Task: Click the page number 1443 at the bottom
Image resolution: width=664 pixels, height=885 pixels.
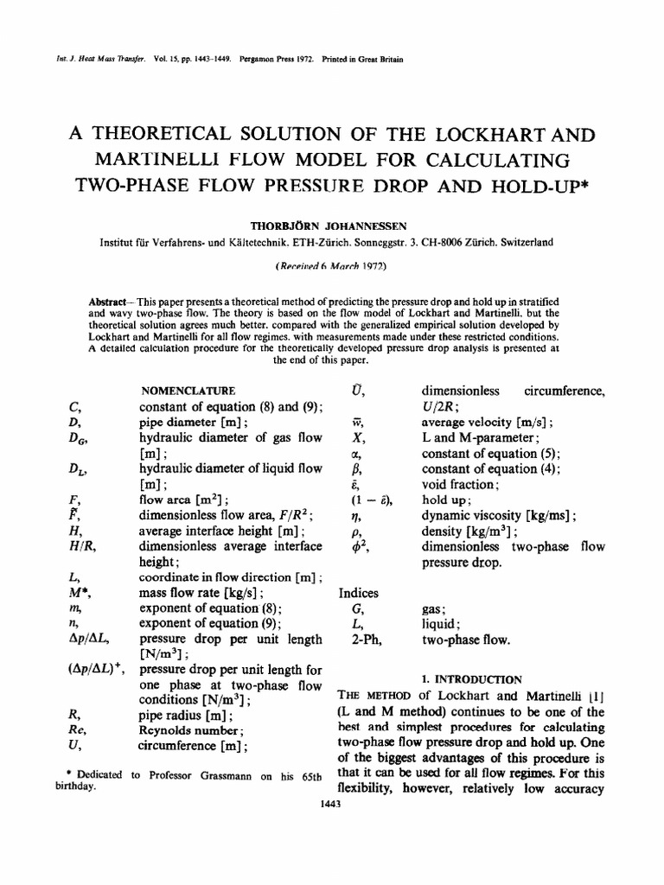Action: [332, 804]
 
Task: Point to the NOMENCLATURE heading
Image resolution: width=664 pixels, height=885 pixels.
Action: [188, 392]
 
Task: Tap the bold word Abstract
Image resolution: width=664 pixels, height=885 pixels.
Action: [108, 300]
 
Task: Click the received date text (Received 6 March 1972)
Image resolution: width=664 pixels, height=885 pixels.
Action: [332, 269]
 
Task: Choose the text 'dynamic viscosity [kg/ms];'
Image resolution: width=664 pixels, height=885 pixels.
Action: [498, 516]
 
